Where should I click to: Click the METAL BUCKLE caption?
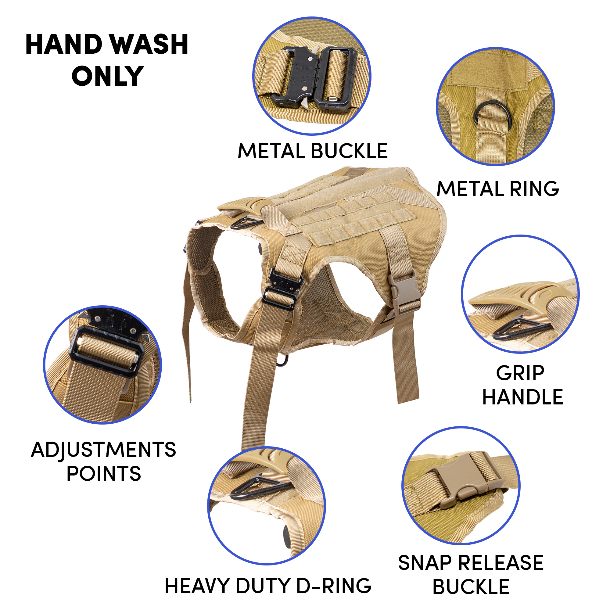(312, 151)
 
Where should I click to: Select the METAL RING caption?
(497, 189)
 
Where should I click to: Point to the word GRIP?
(520, 374)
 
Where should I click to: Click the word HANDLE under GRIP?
(522, 397)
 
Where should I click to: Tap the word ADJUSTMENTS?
(104, 450)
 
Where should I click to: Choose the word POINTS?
(104, 474)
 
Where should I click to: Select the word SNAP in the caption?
(425, 563)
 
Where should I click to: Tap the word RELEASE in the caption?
(501, 563)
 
